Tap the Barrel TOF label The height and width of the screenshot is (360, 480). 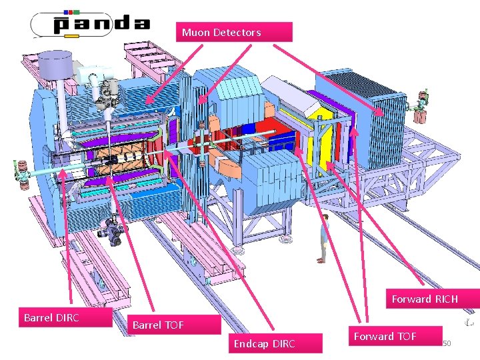[173, 325]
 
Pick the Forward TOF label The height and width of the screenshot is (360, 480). [395, 337]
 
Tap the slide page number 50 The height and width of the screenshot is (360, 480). [447, 343]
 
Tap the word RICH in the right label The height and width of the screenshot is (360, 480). [445, 299]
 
